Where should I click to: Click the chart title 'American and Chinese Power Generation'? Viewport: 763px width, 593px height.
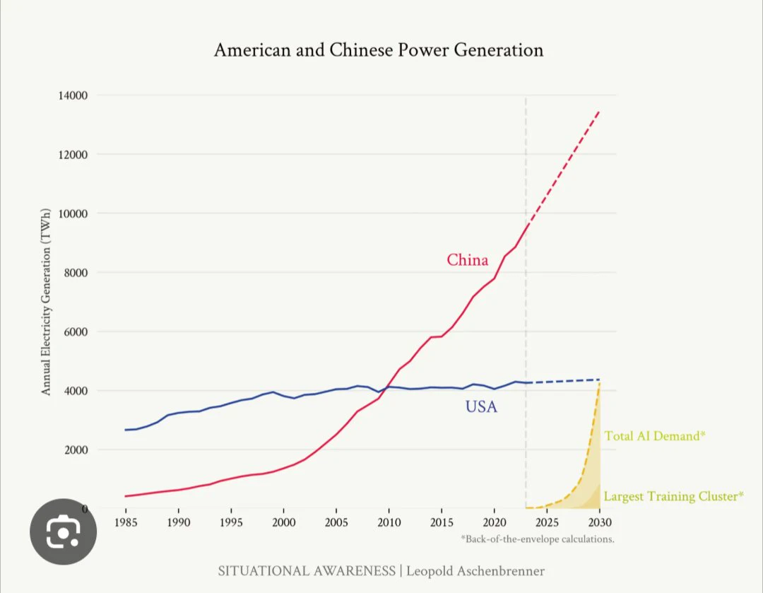tap(379, 50)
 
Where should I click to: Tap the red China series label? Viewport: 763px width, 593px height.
tap(467, 260)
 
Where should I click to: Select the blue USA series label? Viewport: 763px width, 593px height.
tap(481, 406)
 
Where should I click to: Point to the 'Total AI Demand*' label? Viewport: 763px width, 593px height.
tap(654, 436)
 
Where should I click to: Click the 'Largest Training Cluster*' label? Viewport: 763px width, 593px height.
tap(674, 497)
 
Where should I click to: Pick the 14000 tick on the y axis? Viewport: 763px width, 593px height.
tap(73, 95)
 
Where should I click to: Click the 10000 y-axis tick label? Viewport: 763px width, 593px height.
tap(73, 213)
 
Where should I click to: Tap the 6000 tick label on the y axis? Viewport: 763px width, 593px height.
tap(76, 332)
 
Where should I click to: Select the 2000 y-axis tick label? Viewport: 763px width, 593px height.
tap(76, 450)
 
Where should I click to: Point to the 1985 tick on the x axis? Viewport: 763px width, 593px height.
tap(126, 522)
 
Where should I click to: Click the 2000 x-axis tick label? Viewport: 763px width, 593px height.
tap(284, 522)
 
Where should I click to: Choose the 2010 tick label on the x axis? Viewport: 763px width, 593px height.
tap(389, 522)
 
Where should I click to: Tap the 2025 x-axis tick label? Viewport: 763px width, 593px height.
tap(547, 522)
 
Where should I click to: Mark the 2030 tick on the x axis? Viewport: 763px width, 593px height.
tap(600, 522)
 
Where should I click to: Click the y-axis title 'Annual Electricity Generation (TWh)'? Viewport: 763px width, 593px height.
tap(46, 302)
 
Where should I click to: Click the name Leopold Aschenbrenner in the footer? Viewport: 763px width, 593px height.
tap(475, 571)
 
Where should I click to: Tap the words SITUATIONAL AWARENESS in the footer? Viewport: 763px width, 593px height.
tap(307, 571)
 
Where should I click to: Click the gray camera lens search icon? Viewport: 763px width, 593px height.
tap(64, 532)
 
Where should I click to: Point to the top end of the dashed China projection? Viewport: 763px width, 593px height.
tap(599, 112)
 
